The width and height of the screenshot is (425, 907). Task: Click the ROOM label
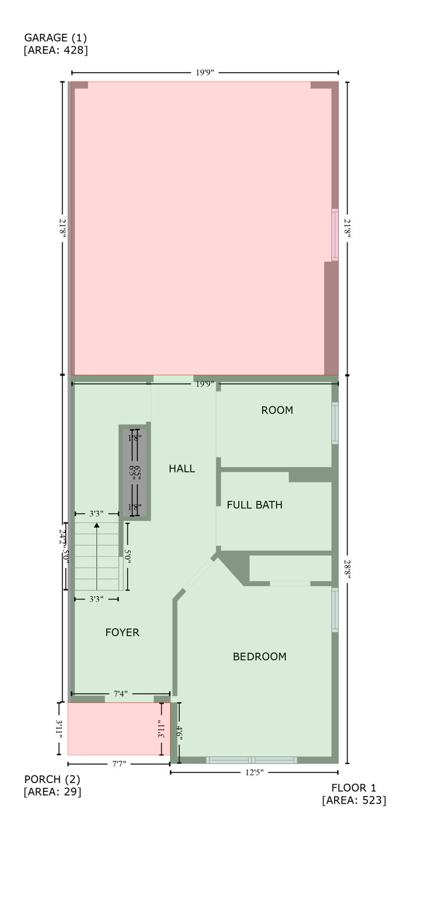click(x=277, y=410)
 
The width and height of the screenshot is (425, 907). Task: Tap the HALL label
click(x=182, y=469)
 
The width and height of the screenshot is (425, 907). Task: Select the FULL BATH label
click(x=254, y=505)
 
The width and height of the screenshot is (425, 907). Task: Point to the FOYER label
click(x=122, y=632)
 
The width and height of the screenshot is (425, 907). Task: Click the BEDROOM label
click(x=259, y=657)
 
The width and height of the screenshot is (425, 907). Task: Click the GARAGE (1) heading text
click(x=55, y=38)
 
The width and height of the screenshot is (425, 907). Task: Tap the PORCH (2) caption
click(x=51, y=779)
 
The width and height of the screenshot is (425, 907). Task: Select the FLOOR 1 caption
click(x=354, y=788)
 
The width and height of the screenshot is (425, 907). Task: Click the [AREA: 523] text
click(x=354, y=801)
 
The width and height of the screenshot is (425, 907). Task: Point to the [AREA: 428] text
click(x=55, y=51)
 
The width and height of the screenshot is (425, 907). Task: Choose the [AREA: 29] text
click(x=52, y=792)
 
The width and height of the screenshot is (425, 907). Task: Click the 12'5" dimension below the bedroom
click(x=254, y=772)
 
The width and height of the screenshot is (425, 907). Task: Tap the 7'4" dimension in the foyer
click(x=120, y=694)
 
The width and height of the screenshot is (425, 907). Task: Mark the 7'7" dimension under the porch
click(x=119, y=764)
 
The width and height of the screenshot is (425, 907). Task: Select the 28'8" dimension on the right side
click(x=347, y=569)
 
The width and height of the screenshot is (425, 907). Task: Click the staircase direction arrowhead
click(x=97, y=524)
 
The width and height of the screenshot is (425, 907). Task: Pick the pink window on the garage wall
click(x=335, y=234)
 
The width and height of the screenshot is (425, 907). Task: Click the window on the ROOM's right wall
click(x=335, y=423)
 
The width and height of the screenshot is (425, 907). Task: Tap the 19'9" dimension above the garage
click(x=205, y=73)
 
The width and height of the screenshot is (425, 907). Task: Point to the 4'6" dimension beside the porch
click(x=179, y=733)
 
